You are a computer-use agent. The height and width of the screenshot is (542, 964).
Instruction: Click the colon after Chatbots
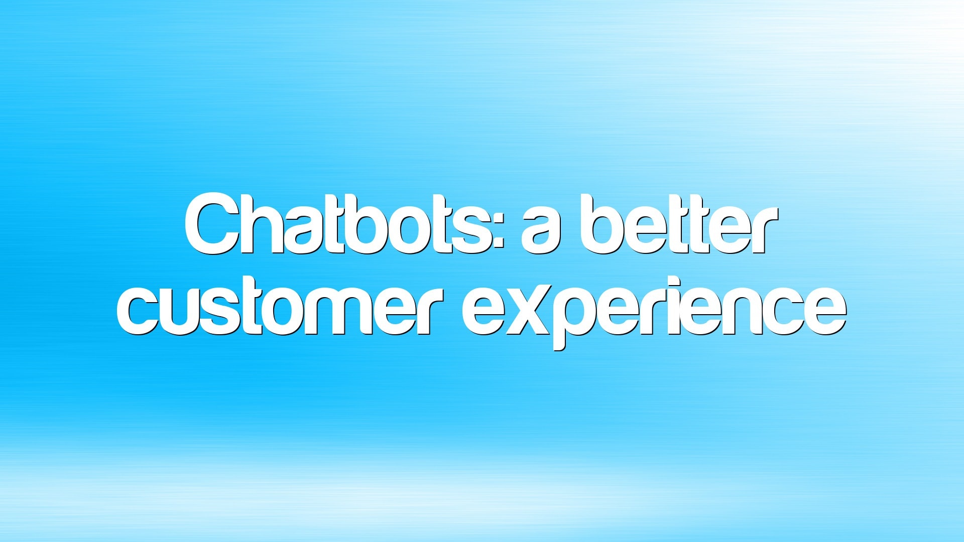pyautogui.click(x=499, y=232)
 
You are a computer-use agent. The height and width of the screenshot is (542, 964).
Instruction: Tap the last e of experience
pyautogui.click(x=825, y=312)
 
